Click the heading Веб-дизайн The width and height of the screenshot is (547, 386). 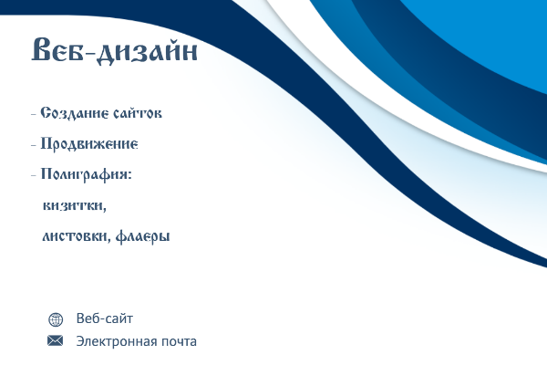(115, 51)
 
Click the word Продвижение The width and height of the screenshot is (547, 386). (89, 144)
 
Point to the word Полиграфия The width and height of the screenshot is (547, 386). (84, 174)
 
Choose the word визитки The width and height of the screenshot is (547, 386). (74, 205)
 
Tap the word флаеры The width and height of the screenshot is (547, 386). (143, 236)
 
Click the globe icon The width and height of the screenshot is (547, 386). (56, 319)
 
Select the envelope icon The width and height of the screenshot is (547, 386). (55, 340)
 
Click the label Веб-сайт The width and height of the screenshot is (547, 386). (105, 318)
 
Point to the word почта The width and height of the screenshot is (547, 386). (179, 341)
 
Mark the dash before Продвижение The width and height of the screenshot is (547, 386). (34, 144)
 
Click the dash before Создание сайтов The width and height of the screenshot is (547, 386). (34, 114)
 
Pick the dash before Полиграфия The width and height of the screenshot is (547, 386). (34, 175)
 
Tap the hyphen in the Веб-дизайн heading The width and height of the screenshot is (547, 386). (89, 53)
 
